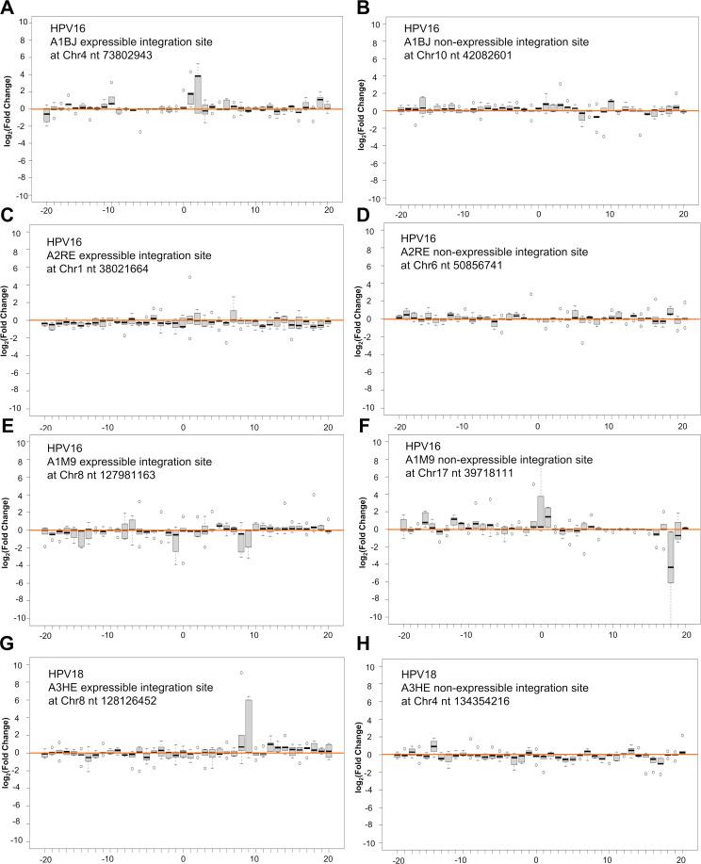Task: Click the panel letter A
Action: tap(9, 8)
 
